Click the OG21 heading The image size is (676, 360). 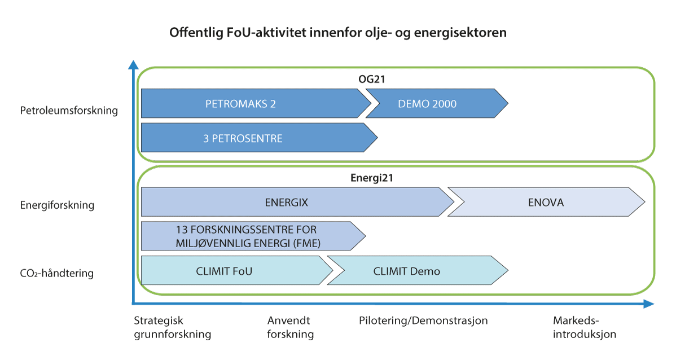(371, 80)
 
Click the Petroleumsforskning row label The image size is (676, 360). (69, 111)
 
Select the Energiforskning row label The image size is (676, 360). (57, 205)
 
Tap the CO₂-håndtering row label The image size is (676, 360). (57, 274)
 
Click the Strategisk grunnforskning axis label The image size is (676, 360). (172, 327)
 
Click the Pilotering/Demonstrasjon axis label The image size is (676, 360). (423, 321)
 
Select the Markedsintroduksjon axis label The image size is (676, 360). (584, 327)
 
